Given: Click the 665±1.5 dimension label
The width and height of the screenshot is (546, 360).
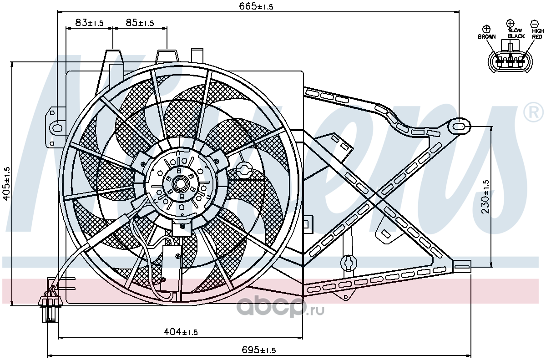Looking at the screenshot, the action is pyautogui.click(x=256, y=6).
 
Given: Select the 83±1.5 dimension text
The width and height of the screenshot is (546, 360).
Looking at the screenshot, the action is pyautogui.click(x=89, y=23).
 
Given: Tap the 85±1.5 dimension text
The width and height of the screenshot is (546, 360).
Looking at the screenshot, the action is pyautogui.click(x=140, y=23).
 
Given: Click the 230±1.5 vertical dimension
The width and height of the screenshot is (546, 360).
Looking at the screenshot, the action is pyautogui.click(x=485, y=197).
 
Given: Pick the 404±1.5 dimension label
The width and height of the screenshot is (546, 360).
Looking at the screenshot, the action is pyautogui.click(x=180, y=332).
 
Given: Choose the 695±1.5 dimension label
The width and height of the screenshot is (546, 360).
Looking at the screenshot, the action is pyautogui.click(x=258, y=350).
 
